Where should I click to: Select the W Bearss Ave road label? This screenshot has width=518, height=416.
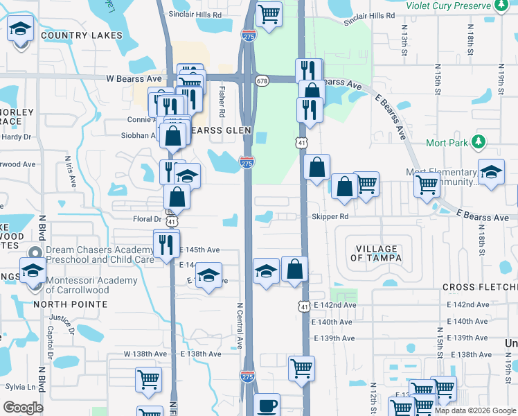click(x=134, y=78)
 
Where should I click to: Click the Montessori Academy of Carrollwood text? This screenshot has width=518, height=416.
click(x=87, y=285)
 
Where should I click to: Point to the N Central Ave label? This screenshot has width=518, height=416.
click(x=240, y=325)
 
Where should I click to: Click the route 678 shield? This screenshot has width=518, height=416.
click(x=261, y=81)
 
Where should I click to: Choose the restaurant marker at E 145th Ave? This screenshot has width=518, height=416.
click(x=166, y=244)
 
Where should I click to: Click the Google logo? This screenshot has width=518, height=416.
click(x=23, y=408)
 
